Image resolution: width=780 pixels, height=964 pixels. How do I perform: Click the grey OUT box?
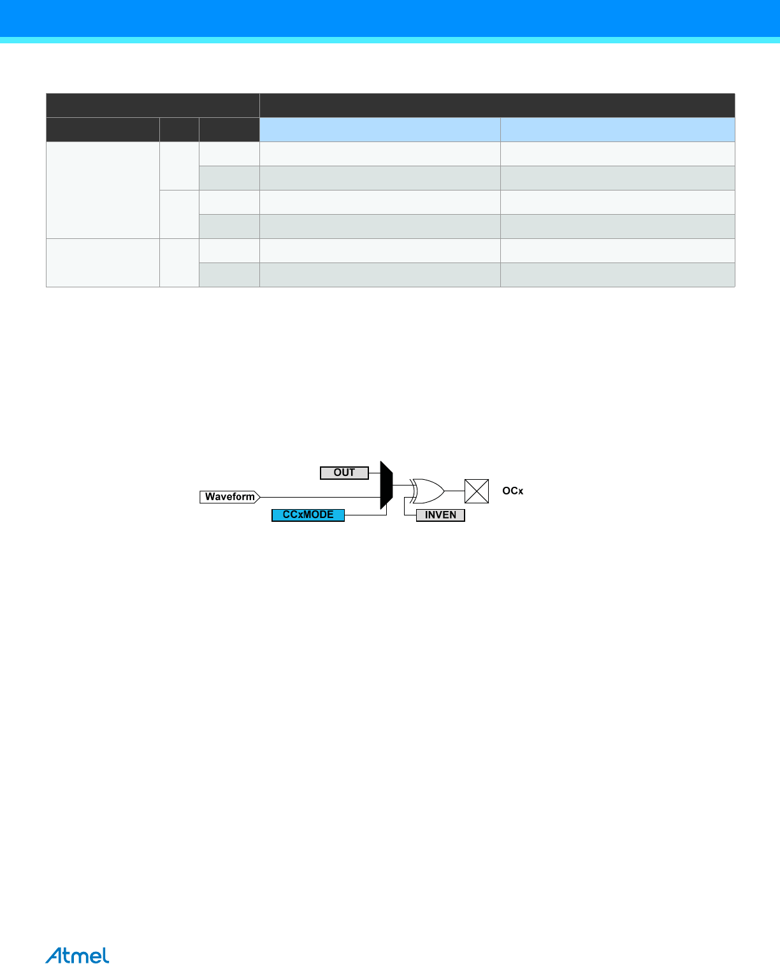coord(344,473)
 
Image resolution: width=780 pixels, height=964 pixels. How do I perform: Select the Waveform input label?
coord(229,497)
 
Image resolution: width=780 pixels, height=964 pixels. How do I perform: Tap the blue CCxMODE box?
coord(308,515)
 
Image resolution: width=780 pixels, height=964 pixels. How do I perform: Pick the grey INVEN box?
coord(440,515)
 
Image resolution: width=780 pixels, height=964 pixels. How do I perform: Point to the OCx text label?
coord(512,491)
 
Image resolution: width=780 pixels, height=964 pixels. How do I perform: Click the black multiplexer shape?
coord(386,486)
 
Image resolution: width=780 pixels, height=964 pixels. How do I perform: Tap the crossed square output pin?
coord(477,491)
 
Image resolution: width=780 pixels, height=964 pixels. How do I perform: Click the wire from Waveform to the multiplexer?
coord(319,497)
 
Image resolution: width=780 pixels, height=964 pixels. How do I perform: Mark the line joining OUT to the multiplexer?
coord(375,473)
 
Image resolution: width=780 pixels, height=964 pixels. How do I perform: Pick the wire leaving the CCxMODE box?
coord(366,515)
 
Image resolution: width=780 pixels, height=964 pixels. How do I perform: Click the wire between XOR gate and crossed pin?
coord(454,491)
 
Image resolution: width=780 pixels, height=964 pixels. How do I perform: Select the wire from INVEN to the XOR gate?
coord(406,508)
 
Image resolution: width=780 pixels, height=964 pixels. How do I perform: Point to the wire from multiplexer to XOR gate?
coord(402,486)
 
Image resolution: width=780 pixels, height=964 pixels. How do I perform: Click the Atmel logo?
coord(77,956)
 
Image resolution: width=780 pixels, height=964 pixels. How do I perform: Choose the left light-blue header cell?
coord(380,129)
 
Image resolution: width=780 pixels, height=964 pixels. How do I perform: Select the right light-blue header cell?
coord(617,129)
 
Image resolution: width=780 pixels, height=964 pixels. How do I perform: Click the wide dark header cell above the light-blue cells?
coord(497,105)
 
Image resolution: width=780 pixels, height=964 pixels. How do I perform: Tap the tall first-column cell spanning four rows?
coord(103,190)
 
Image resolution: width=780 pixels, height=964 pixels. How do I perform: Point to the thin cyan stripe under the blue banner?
coord(390,40)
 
